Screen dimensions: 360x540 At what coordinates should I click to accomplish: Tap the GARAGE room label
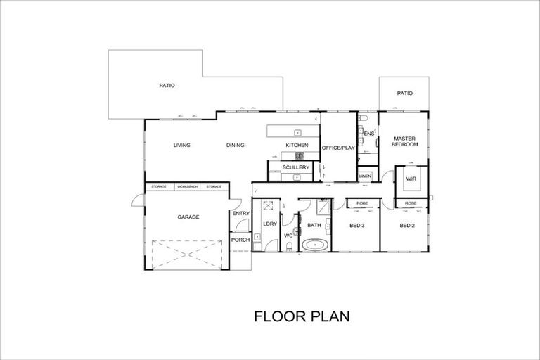click(x=188, y=217)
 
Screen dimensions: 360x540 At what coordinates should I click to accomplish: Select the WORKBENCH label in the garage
click(x=187, y=186)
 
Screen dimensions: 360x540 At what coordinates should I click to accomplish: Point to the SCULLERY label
click(x=295, y=167)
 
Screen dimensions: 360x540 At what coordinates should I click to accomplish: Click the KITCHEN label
click(x=296, y=146)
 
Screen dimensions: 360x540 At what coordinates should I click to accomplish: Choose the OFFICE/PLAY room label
click(x=337, y=148)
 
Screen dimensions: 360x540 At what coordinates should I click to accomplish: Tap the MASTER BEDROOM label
click(x=406, y=141)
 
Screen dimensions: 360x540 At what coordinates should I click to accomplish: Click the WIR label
click(x=411, y=179)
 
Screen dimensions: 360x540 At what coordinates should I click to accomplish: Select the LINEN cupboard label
click(x=365, y=176)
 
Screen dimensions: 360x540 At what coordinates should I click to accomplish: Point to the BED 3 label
click(x=356, y=225)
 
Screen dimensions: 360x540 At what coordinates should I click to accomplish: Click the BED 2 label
click(x=407, y=225)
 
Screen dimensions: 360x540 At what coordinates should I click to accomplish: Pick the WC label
click(x=288, y=236)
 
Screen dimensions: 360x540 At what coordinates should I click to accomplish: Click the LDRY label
click(x=269, y=224)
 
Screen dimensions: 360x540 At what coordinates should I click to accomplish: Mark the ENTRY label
click(x=240, y=213)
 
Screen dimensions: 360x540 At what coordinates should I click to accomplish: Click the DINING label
click(x=236, y=146)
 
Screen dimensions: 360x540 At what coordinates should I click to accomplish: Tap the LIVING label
click(x=182, y=146)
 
